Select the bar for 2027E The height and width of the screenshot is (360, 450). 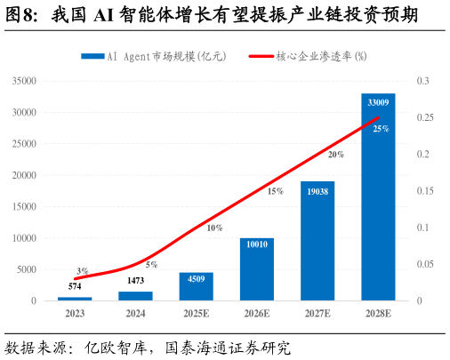pyautogui.click(x=317, y=241)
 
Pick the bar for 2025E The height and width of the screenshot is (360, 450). pyautogui.click(x=196, y=286)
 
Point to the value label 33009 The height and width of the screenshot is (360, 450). pyautogui.click(x=378, y=100)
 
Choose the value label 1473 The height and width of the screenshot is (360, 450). pyautogui.click(x=135, y=282)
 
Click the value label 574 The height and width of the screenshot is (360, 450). pyautogui.click(x=75, y=287)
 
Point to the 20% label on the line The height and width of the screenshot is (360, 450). pyautogui.click(x=336, y=155)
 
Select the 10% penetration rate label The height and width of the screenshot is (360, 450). pyautogui.click(x=214, y=228)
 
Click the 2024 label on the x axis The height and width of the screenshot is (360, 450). pyautogui.click(x=135, y=314)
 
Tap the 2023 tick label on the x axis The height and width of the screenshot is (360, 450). pyautogui.click(x=75, y=314)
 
